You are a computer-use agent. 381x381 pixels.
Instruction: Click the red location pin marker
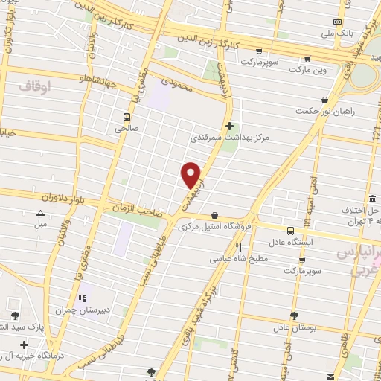pyautogui.click(x=191, y=174)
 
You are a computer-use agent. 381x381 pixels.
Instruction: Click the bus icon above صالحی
pyautogui.click(x=127, y=117)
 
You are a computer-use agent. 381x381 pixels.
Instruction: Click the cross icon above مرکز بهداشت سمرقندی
pyautogui.click(x=229, y=126)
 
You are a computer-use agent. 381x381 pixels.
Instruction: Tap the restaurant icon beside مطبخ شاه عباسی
pyautogui.click(x=239, y=248)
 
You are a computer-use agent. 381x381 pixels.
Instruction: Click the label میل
pyautogui.click(x=40, y=223)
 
